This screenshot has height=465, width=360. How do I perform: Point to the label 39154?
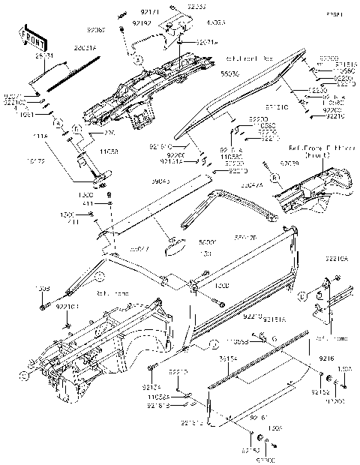pos(228,359)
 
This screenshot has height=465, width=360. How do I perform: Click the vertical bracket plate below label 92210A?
pos(328,300)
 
